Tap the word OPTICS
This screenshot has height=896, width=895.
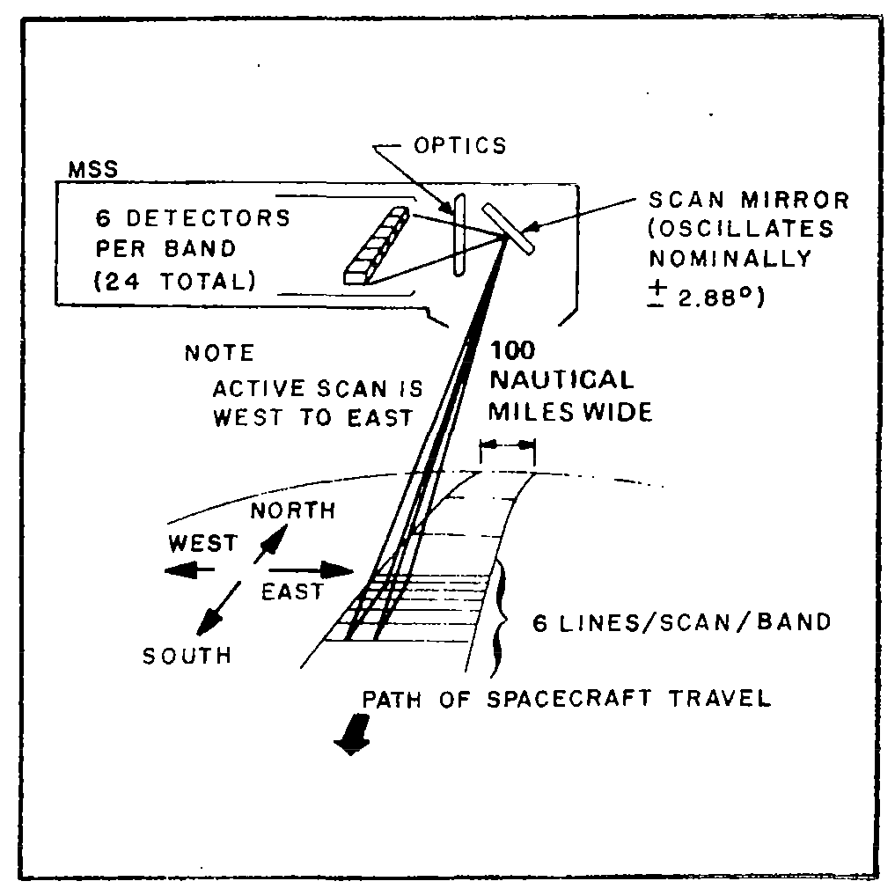coord(461,145)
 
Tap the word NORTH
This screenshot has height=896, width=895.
coord(293,510)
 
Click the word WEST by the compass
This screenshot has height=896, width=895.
coord(202,544)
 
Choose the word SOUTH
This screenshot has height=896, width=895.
coord(187,656)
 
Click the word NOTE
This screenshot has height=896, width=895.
coord(219,354)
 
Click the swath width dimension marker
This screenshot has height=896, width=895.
coord(506,447)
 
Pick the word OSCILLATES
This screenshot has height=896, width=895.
coord(742,230)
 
